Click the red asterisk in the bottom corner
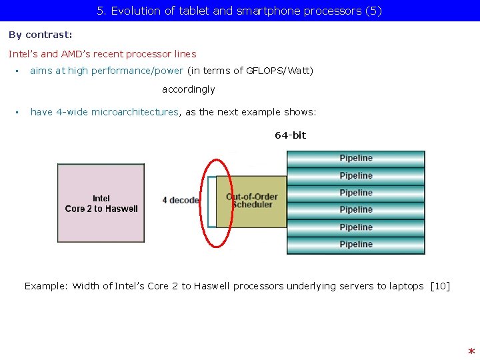pyautogui.click(x=471, y=351)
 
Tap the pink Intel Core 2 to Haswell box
pyautogui.click(x=101, y=203)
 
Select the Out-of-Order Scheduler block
pyautogui.click(x=252, y=201)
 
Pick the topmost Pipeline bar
pyautogui.click(x=355, y=159)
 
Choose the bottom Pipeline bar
pyautogui.click(x=355, y=245)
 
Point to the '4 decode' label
pyautogui.click(x=181, y=200)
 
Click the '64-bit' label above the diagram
pyautogui.click(x=290, y=135)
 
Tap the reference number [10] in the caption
pyautogui.click(x=440, y=286)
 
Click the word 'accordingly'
pyautogui.click(x=189, y=89)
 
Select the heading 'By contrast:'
pyautogui.click(x=41, y=35)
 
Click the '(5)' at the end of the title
pyautogui.click(x=374, y=11)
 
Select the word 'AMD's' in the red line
pyautogui.click(x=77, y=54)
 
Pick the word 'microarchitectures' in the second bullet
pyautogui.click(x=135, y=112)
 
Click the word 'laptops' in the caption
pyautogui.click(x=406, y=286)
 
